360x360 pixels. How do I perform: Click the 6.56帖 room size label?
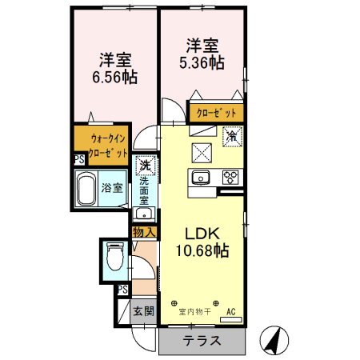click(x=115, y=78)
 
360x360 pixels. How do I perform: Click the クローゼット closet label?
click(x=216, y=111)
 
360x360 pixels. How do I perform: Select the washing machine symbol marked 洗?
click(x=145, y=166)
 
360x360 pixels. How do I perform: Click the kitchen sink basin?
click(x=199, y=177)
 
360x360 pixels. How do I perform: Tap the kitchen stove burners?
click(x=231, y=177)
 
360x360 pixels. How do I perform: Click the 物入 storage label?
click(x=143, y=231)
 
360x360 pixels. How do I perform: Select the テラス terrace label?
click(x=202, y=341)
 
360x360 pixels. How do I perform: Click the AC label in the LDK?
click(x=231, y=311)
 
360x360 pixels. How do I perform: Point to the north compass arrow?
click(x=276, y=340)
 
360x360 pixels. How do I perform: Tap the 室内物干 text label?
click(x=196, y=312)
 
